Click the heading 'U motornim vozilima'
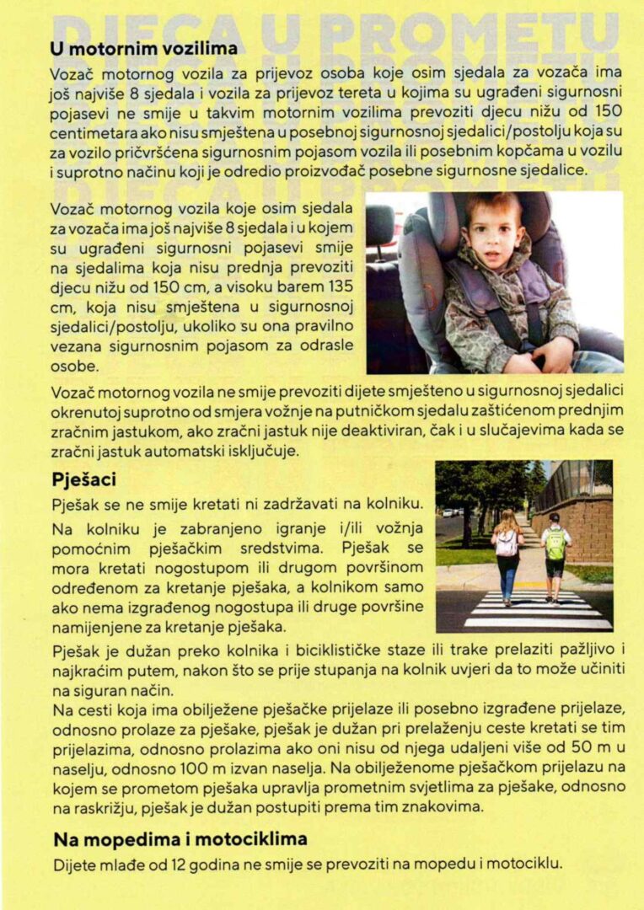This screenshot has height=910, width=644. [x=143, y=50]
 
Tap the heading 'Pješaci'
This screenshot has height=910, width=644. [x=84, y=479]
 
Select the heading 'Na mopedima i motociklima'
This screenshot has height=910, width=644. [x=180, y=838]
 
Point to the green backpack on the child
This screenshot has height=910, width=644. [x=555, y=544]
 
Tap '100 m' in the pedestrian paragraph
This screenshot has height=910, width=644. [x=214, y=768]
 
